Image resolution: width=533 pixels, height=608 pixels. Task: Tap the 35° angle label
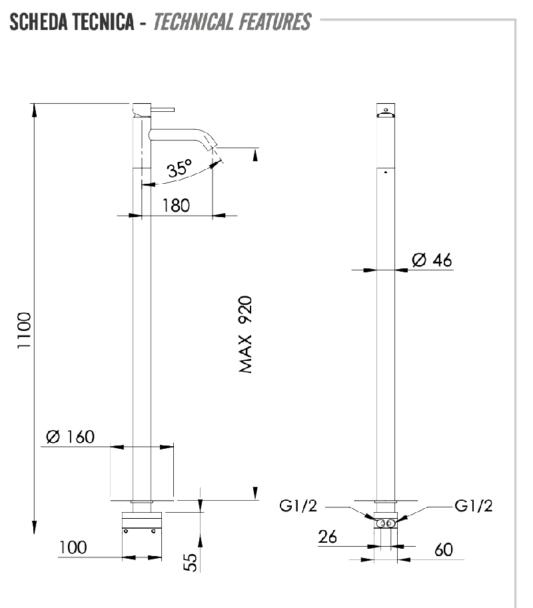pyautogui.click(x=179, y=168)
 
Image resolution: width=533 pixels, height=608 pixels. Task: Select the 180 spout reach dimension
pyautogui.click(x=176, y=204)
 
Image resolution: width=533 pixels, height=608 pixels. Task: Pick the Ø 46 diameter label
pyautogui.click(x=432, y=260)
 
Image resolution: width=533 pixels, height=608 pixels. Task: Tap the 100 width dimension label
pyautogui.click(x=73, y=547)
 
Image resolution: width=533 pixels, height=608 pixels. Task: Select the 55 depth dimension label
pyautogui.click(x=191, y=561)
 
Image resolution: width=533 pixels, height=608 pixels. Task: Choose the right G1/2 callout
pyautogui.click(x=474, y=506)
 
